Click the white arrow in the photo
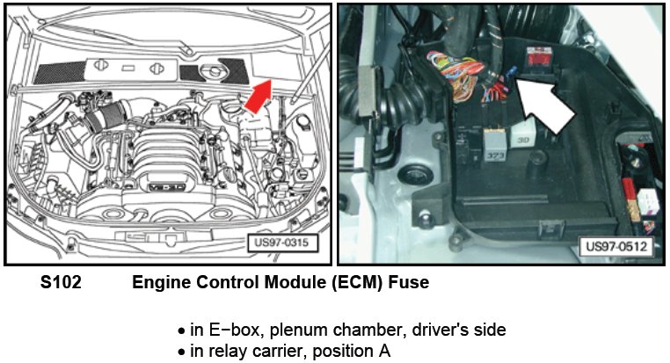[543, 104]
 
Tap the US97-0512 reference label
[615, 247]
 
